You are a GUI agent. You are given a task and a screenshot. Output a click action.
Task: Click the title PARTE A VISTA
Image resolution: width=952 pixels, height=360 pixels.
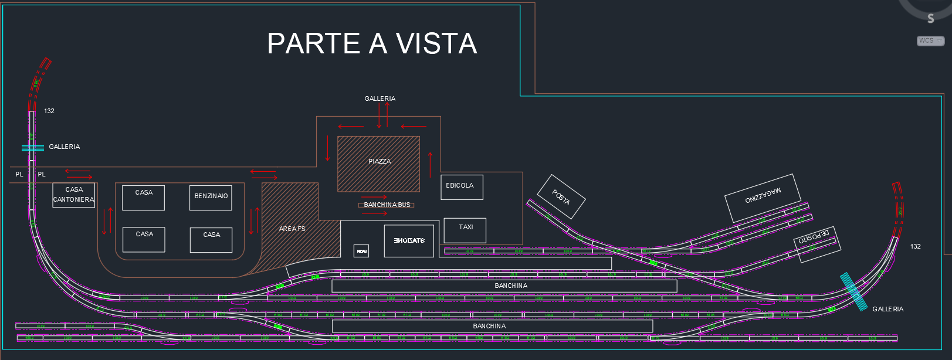372,43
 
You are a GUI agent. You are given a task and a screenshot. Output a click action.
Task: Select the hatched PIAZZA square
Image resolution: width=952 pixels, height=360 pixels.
378,164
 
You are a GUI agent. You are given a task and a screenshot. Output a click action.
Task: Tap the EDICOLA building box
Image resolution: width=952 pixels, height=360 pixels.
462,187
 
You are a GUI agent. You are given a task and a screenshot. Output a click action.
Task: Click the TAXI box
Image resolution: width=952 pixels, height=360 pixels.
465,230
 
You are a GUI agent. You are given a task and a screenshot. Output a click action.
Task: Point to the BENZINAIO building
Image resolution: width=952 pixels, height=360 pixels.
211,197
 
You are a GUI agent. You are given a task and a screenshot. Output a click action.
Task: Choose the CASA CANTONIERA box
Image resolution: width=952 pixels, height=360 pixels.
74,195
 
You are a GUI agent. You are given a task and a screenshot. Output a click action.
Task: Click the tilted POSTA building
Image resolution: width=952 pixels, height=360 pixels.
561,197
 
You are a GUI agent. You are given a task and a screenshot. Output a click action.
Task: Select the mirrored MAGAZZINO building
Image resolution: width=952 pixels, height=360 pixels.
763,197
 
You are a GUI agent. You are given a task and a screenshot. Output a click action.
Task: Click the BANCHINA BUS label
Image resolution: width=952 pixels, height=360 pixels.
387,205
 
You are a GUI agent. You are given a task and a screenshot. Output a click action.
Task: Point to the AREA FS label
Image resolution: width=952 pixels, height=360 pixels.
292,229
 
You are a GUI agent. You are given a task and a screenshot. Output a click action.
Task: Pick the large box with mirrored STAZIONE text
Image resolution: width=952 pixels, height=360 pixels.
409,240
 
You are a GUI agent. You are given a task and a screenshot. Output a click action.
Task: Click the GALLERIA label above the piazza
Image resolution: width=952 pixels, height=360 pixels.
380,99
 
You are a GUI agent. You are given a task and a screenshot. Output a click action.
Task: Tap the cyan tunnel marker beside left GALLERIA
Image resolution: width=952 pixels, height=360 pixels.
33,148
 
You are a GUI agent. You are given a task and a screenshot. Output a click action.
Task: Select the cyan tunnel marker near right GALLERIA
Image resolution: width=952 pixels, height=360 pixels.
853,291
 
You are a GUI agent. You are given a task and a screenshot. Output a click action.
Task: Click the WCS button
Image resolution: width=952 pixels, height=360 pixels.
930,41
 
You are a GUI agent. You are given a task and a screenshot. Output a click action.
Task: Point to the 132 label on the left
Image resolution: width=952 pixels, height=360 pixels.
49,111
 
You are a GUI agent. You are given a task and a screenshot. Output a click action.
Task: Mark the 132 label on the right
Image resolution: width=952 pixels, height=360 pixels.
915,246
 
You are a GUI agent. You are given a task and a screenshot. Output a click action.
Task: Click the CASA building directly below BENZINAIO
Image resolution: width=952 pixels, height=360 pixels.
211,240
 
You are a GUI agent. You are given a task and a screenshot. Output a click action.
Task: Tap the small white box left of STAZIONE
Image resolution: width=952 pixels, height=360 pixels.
361,251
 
